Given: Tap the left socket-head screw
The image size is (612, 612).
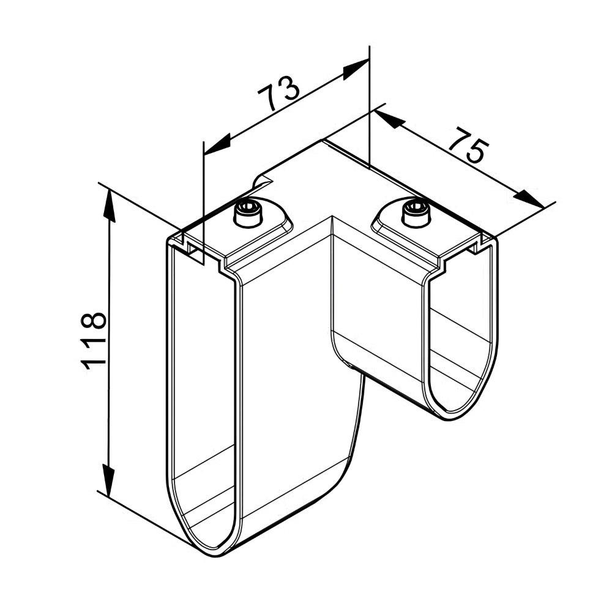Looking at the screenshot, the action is tap(248, 213).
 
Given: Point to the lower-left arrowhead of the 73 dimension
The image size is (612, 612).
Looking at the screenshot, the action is tap(217, 143).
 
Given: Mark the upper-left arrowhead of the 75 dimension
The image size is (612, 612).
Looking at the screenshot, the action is tap(387, 119).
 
